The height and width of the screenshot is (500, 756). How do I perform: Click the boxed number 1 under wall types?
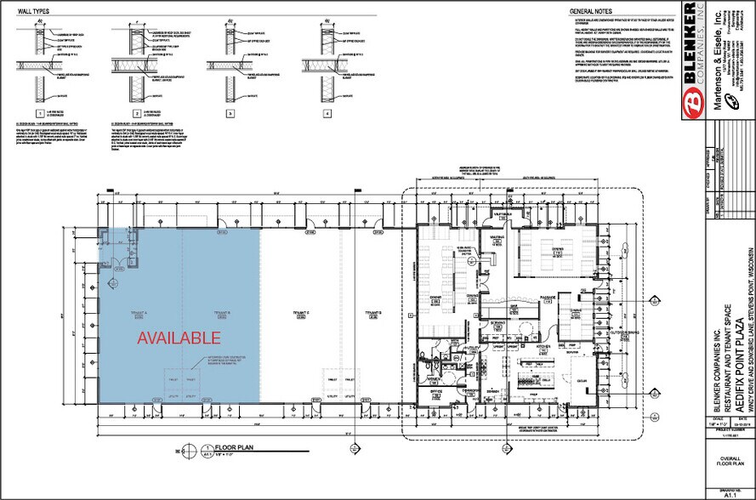point(38,113)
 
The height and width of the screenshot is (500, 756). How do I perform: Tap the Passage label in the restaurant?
point(547,296)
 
